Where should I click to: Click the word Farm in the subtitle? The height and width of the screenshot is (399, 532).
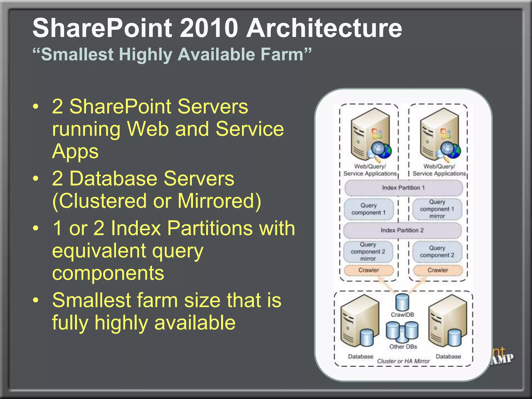282,54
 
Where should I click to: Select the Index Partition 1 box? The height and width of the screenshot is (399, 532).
403,188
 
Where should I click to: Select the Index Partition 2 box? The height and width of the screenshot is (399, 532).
402,230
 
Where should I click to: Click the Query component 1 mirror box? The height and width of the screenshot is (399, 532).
437,209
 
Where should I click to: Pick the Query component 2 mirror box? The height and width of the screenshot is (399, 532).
368,252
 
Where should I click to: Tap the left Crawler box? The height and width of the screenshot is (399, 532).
369,270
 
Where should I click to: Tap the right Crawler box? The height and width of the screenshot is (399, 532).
438,270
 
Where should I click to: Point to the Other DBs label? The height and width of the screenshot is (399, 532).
403,347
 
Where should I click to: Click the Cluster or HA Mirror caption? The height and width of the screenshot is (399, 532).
403,361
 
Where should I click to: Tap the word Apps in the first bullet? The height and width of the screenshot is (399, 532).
75,151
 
